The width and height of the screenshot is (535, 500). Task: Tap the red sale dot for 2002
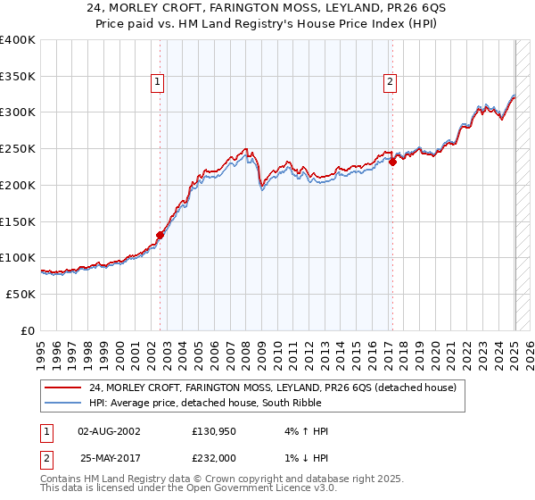(160, 236)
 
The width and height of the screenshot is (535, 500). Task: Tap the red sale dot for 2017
(392, 162)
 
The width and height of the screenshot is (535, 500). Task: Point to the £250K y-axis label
(18, 149)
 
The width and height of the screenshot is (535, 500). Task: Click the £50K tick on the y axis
(21, 294)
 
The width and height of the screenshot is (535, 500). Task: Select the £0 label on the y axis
(29, 330)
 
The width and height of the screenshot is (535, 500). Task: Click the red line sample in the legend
(62, 387)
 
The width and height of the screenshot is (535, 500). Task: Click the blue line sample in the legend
(62, 404)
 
